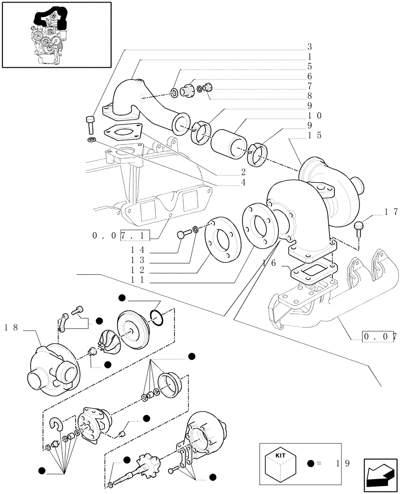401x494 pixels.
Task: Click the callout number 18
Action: click(12, 327)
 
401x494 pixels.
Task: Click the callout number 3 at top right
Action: click(310, 47)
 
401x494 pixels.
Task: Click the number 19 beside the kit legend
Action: click(341, 463)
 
